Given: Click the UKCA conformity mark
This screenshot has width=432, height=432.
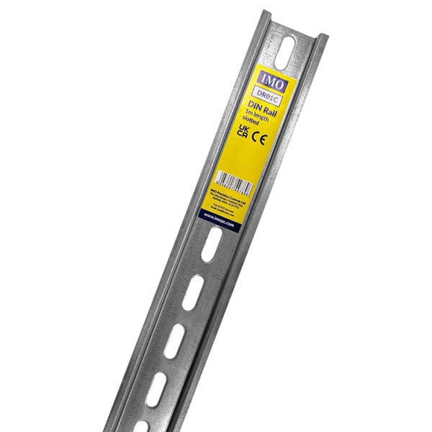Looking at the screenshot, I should [x=243, y=132].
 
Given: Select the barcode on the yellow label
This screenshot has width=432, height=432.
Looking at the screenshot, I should [x=235, y=182].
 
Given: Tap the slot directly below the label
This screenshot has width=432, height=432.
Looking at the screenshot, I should [x=210, y=248].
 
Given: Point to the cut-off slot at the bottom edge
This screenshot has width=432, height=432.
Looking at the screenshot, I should [x=140, y=426].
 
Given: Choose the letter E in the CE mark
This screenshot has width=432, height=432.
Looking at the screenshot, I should [x=264, y=138].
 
